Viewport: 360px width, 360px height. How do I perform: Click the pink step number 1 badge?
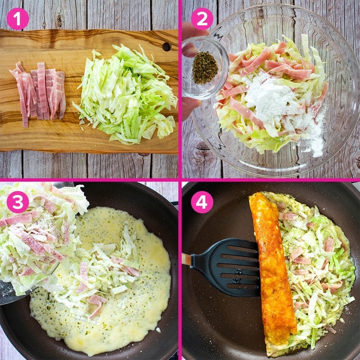click(x=18, y=19)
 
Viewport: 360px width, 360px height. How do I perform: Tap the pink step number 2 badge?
click(x=202, y=19)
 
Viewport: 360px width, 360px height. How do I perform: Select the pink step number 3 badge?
click(x=18, y=202)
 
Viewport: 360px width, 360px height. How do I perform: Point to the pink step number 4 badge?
click(x=202, y=202)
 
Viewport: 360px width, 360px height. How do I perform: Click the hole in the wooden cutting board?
click(x=166, y=47)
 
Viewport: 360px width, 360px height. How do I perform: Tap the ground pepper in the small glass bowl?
click(x=205, y=68)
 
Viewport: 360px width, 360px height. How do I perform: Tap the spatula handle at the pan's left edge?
click(x=187, y=259)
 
